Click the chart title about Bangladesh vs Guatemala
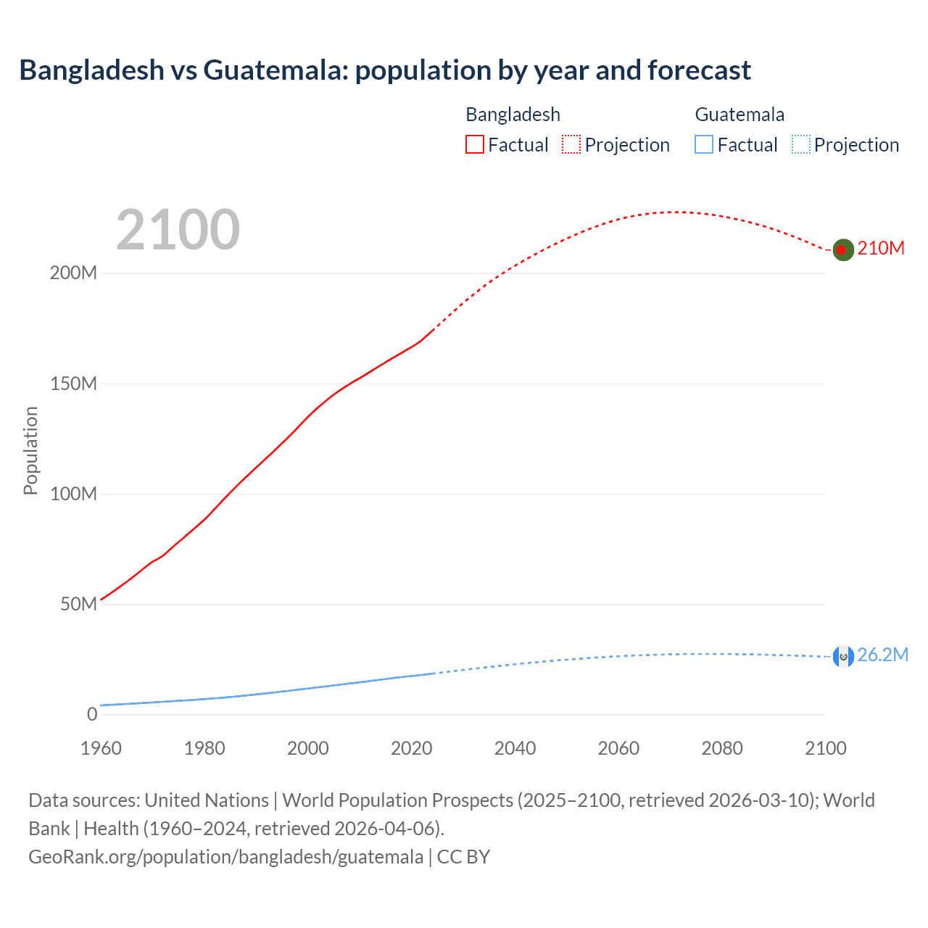pos(385,70)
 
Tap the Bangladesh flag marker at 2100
pos(842,249)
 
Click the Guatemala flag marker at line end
pos(842,656)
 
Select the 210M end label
pos(881,249)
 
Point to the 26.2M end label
pos(882,655)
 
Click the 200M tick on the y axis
pos(73,273)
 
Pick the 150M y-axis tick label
pos(73,384)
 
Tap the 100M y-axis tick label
pos(73,494)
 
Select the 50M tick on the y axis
pos(78,605)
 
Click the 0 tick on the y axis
pos(92,715)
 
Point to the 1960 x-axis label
pos(101,748)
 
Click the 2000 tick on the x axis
pos(308,748)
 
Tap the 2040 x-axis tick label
pos(515,748)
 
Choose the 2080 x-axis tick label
pos(722,748)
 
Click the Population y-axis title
pos(30,450)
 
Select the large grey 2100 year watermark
pos(178,230)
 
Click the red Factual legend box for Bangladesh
pos(475,145)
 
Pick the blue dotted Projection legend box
pos(801,145)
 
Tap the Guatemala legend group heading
pos(739,115)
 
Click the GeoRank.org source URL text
pos(225,857)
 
